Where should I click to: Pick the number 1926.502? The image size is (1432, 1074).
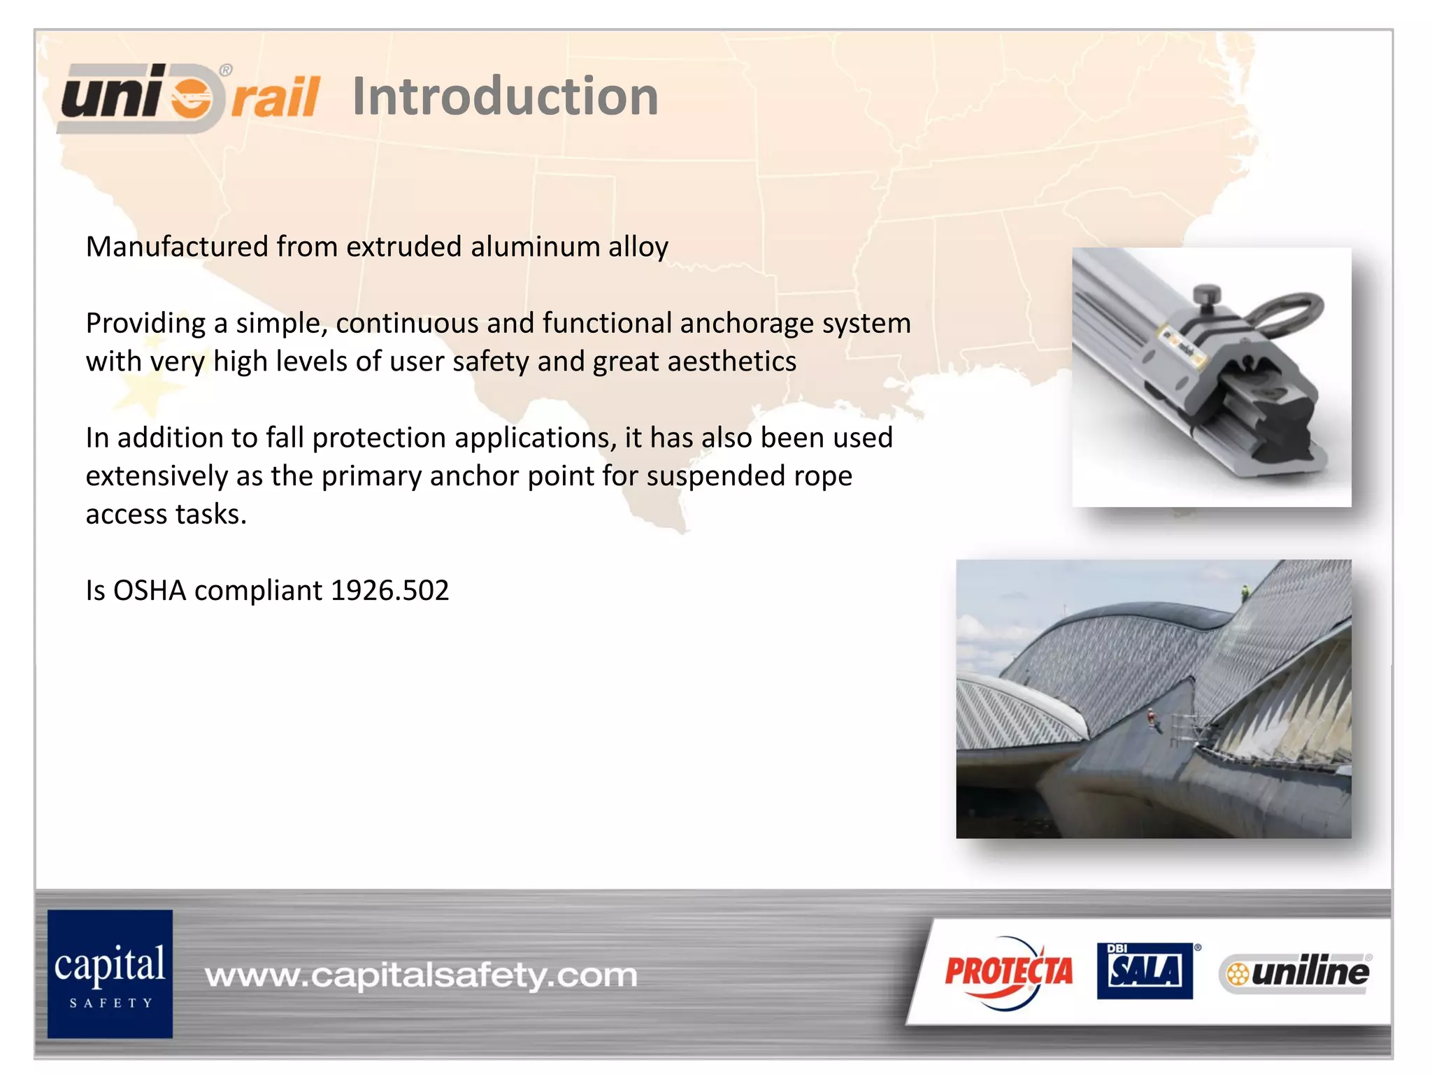(389, 591)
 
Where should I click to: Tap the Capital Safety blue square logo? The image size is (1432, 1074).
(110, 973)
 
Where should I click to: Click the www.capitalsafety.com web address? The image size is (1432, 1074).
(421, 975)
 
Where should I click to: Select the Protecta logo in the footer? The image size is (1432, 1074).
(1008, 972)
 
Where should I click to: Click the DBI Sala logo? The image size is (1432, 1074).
(1145, 971)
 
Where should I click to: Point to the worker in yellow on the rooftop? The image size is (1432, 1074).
(1245, 593)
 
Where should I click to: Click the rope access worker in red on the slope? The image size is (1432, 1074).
(1150, 717)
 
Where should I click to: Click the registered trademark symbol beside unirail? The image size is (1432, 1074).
(226, 70)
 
